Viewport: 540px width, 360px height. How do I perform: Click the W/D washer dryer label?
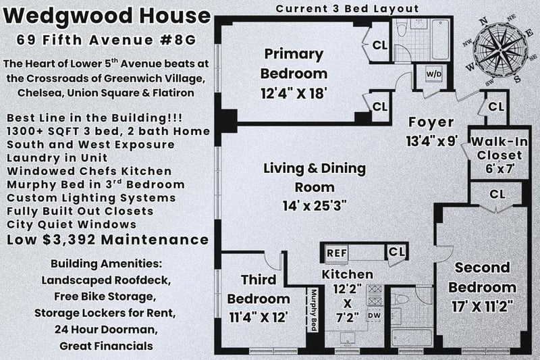point(434,74)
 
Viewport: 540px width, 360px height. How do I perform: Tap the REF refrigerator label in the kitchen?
point(337,253)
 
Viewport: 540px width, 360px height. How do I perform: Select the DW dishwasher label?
point(375,315)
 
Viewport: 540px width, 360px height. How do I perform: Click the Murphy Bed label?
point(314,310)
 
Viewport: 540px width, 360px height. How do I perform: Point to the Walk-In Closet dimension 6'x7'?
point(500,169)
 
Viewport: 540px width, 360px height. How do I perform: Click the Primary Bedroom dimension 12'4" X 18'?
point(294,93)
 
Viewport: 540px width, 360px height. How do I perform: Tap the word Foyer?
point(431,123)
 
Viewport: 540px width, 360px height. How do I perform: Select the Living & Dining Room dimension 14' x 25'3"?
point(315,206)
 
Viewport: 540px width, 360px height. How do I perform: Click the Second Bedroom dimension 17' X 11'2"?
point(483,306)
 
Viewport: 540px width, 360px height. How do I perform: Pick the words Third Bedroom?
point(259,289)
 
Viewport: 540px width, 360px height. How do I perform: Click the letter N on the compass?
point(484,22)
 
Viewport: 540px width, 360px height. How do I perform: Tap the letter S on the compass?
point(517,80)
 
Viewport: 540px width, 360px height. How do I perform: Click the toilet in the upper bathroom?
point(402,30)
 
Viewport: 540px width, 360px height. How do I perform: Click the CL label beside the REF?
point(396,252)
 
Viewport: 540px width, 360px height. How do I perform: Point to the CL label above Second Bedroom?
point(497,195)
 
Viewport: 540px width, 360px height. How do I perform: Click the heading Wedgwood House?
point(107,16)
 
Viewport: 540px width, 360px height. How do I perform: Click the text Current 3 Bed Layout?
point(347,9)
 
